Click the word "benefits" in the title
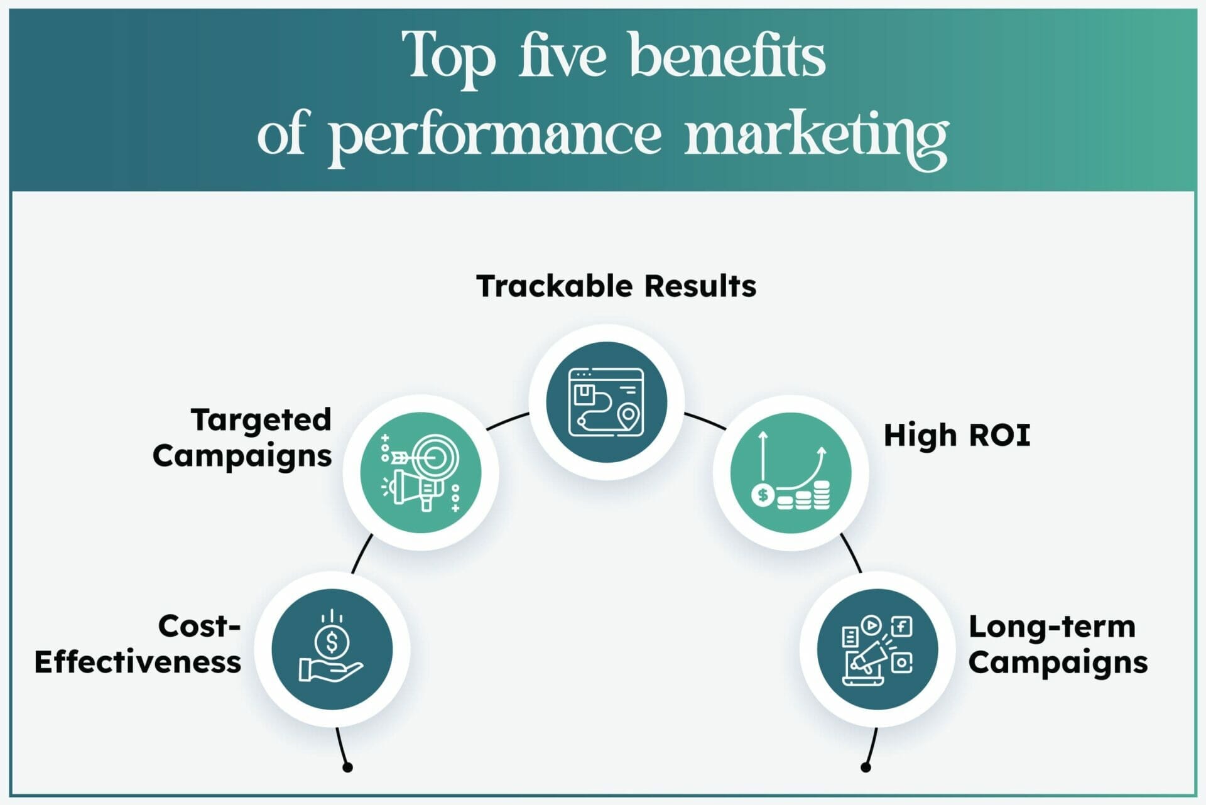coord(727,56)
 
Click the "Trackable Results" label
coord(616,286)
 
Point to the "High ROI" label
coord(957,435)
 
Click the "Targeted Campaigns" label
coord(242,438)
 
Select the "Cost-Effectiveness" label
coord(138,644)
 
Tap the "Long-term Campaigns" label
coord(1058,645)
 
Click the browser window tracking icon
coord(606,403)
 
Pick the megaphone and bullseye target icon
coord(421,473)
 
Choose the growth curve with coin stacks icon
coord(791,472)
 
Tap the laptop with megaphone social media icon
coord(877,651)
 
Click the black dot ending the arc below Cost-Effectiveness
coord(347,767)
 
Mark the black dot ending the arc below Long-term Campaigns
coord(866,767)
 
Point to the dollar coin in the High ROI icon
coord(763,495)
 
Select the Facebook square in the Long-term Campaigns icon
coord(902,627)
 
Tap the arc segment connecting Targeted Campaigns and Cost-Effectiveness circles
coord(361,553)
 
